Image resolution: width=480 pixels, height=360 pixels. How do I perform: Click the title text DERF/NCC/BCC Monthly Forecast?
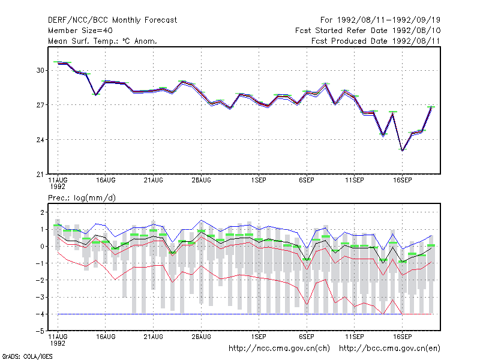[x=112, y=20]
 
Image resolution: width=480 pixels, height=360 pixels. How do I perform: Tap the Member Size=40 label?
[x=80, y=31]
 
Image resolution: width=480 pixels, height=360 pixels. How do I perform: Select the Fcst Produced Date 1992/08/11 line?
[x=376, y=41]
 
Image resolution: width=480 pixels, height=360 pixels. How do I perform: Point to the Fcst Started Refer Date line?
[x=368, y=31]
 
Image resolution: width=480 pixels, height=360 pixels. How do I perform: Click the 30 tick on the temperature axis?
[x=40, y=70]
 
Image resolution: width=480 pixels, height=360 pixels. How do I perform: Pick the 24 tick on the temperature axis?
[x=40, y=140]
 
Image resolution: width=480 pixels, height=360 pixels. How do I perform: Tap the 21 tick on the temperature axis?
[x=40, y=175]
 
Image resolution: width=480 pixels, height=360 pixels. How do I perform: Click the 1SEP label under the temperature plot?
[x=259, y=181]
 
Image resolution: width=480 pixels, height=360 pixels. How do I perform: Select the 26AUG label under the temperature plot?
[x=201, y=181]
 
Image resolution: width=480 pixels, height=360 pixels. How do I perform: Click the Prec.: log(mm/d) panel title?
[x=82, y=198]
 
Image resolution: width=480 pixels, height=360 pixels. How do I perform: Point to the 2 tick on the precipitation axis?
[x=42, y=212]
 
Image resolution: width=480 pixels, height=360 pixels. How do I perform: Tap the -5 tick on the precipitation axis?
[x=40, y=331]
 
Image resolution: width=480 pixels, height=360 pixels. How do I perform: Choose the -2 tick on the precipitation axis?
[x=40, y=280]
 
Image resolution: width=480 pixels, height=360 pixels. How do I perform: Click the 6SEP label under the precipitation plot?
[x=307, y=337]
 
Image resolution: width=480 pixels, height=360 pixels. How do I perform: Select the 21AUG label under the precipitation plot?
[x=154, y=337]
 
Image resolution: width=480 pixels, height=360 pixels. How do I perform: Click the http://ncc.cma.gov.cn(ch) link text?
[x=279, y=349]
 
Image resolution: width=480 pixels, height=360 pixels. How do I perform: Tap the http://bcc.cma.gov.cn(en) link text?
[x=389, y=349]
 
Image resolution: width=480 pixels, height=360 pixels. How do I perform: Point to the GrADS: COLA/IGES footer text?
[x=27, y=356]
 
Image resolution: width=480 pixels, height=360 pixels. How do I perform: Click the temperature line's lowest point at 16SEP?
[x=402, y=151]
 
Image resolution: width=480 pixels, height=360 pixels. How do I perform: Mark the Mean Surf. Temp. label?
[x=83, y=41]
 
